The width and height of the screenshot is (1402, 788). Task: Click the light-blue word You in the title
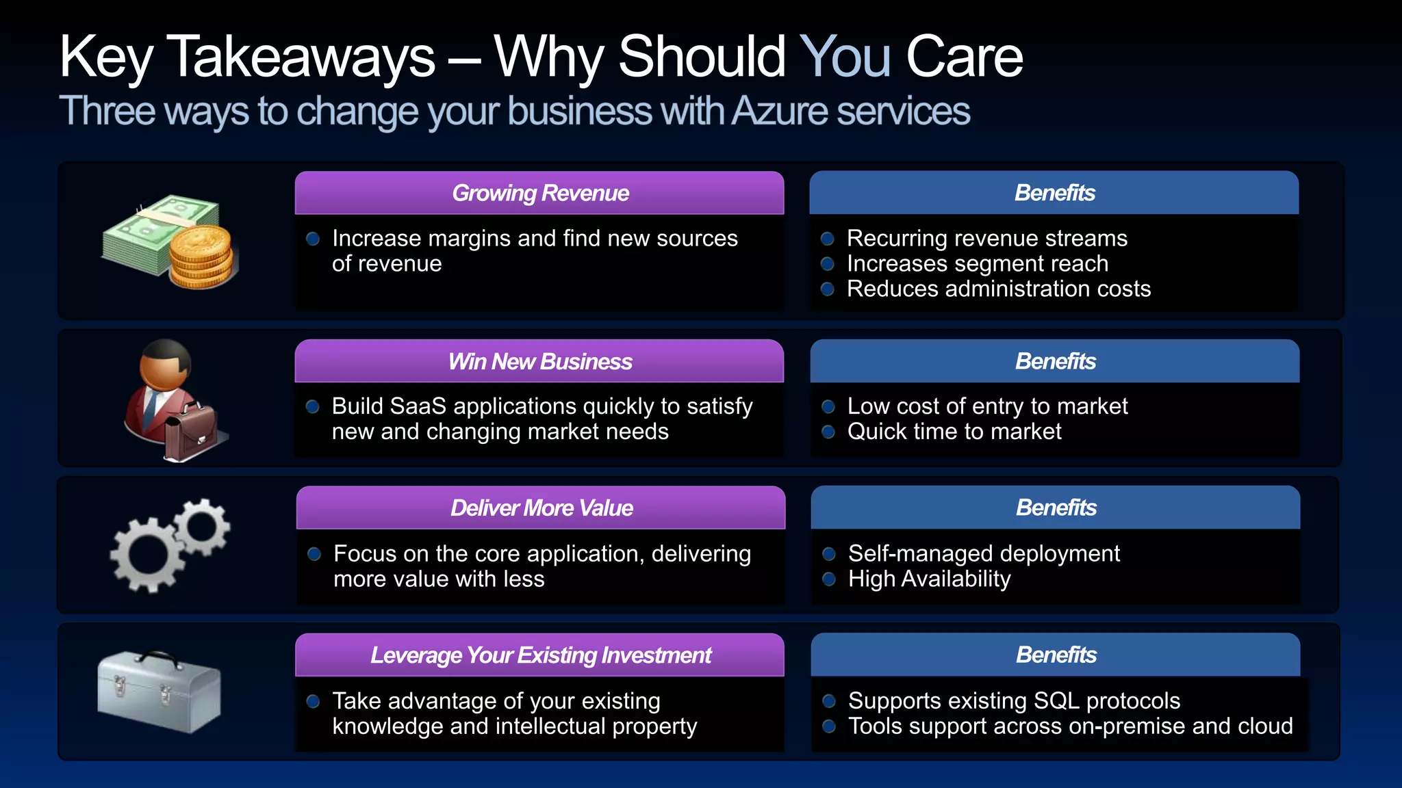(845, 57)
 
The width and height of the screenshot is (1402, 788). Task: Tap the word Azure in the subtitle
(780, 111)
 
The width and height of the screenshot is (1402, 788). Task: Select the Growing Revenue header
(539, 194)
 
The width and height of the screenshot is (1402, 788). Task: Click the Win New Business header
(539, 362)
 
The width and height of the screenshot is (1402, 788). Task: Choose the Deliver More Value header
(541, 508)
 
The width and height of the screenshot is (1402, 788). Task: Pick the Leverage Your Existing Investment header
(540, 655)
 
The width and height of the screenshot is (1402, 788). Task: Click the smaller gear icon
(202, 527)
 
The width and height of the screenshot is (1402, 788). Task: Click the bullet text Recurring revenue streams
(986, 239)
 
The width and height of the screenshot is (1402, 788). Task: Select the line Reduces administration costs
(998, 289)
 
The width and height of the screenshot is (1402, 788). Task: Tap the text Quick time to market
(954, 432)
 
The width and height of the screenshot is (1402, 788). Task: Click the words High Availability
(929, 579)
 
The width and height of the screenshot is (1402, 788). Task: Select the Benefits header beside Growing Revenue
(1054, 194)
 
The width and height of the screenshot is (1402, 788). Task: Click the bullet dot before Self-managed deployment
(829, 554)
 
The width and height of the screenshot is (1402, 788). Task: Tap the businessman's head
(166, 364)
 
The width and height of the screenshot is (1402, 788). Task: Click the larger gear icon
(147, 554)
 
